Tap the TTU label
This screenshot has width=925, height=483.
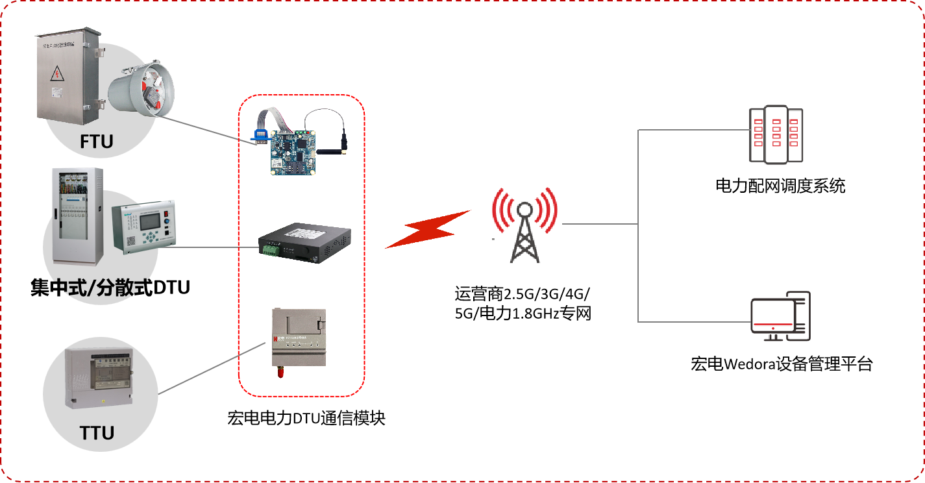[97, 432]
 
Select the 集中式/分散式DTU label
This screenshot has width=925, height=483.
[110, 286]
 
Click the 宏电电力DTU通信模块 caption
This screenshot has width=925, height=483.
[306, 418]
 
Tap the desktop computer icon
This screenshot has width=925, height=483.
[780, 316]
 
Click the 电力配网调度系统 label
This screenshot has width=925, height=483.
[780, 186]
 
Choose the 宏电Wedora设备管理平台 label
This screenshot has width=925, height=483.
[782, 364]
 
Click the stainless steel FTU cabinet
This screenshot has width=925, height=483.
[68, 78]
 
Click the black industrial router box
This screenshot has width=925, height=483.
[304, 245]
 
